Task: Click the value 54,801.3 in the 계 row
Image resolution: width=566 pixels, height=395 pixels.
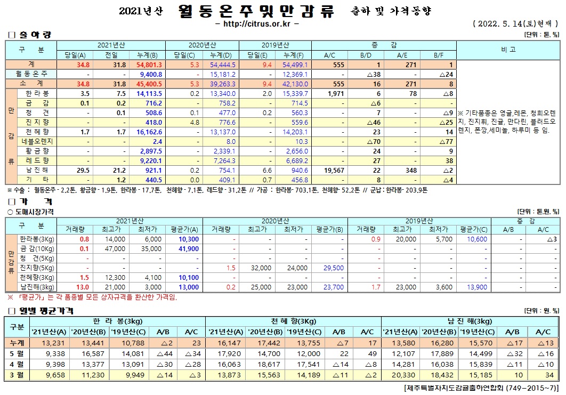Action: coord(149,65)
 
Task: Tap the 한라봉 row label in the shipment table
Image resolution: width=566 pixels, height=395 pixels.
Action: coord(37,93)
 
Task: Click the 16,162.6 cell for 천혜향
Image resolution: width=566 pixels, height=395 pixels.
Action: coord(149,132)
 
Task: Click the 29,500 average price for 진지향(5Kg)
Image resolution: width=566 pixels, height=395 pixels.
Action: coord(332,268)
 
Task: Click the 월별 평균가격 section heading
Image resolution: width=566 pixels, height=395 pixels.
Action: coord(46,310)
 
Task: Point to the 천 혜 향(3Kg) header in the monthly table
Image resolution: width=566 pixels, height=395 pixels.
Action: coord(292,321)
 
